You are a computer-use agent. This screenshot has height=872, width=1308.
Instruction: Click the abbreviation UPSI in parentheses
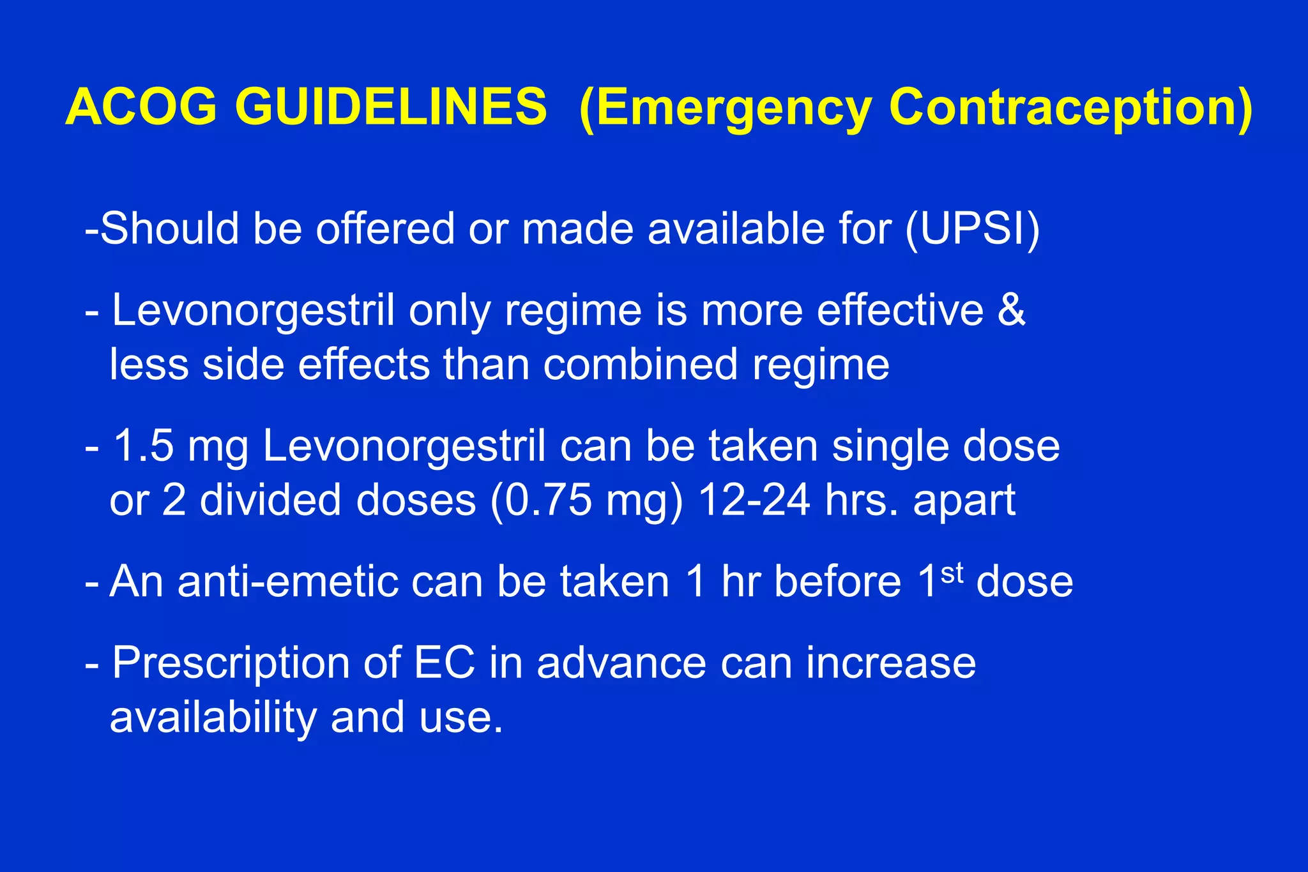(972, 228)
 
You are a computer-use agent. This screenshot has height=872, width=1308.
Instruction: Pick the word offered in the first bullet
(385, 228)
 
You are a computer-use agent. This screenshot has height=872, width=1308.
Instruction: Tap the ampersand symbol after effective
(1011, 310)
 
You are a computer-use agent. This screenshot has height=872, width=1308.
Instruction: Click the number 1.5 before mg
(144, 446)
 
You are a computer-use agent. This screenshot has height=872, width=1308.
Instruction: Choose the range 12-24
(754, 500)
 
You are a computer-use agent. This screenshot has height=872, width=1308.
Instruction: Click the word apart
(964, 501)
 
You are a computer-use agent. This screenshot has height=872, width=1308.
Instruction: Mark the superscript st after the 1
(952, 573)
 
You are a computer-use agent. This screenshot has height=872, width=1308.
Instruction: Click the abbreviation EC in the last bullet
(445, 663)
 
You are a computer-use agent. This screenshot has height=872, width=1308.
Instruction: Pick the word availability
(213, 718)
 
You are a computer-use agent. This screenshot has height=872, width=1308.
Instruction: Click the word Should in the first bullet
(169, 228)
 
